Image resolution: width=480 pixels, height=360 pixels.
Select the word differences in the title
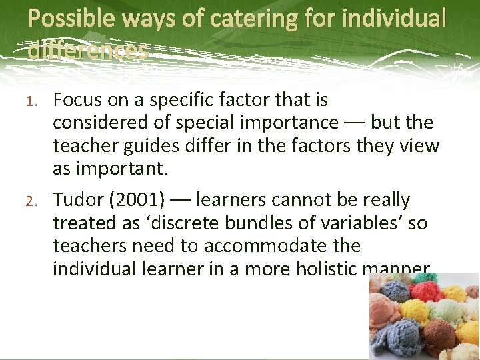pos(87,50)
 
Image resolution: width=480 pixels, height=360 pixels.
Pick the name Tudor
pos(75,199)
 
